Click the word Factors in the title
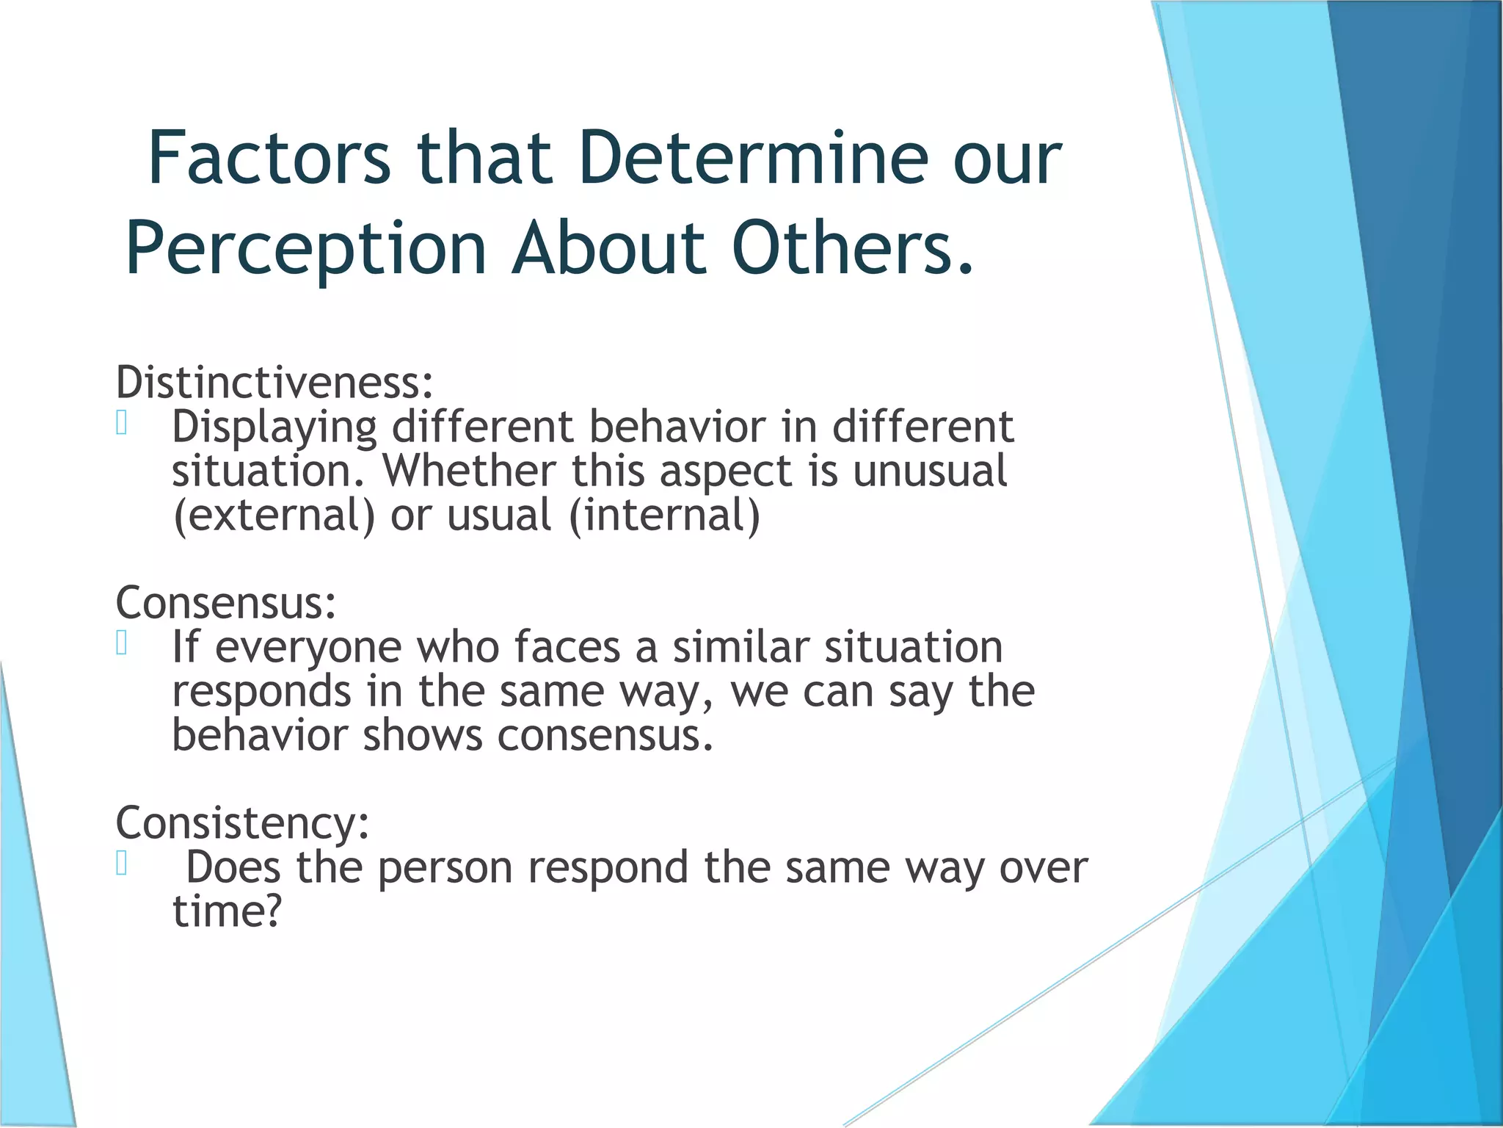(x=269, y=158)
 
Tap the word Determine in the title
(x=754, y=158)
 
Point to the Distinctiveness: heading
(x=274, y=383)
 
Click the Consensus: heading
(x=226, y=603)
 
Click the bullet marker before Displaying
(x=122, y=423)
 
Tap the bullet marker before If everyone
(x=122, y=643)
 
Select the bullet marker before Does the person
(x=122, y=864)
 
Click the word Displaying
(x=274, y=428)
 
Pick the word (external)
(x=274, y=516)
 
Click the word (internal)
(x=665, y=516)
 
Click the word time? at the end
(x=228, y=912)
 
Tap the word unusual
(x=930, y=471)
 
